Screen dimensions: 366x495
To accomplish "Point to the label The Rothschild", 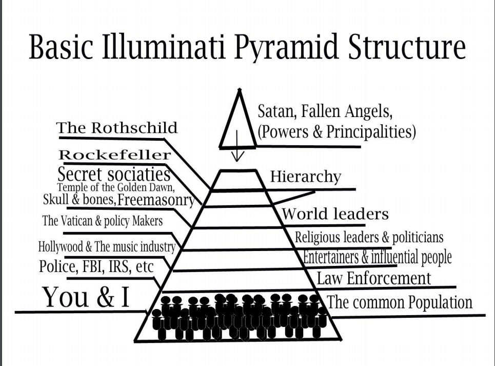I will pos(117,128).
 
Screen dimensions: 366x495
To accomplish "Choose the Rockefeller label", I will pos(114,155).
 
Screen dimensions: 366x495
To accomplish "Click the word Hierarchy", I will pos(305,177).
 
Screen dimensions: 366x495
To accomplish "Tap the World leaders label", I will pos(335,214).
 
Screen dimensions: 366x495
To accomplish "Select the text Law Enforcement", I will pos(374,279).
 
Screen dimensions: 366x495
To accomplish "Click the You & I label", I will pos(86,297).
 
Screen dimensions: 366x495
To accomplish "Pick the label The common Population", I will pos(400,302).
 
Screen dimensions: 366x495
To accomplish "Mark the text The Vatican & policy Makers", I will pos(102,221).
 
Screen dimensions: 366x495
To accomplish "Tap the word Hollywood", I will pos(61,246).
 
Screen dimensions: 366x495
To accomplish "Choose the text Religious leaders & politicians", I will pos(369,238).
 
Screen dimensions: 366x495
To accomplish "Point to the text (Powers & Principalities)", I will pos(336,132).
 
